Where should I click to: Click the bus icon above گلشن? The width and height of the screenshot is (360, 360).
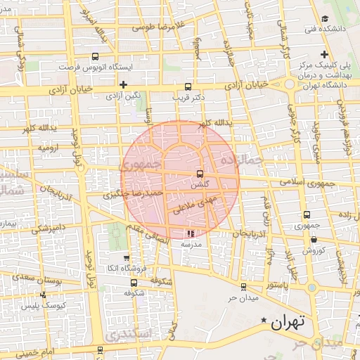pos(200,173)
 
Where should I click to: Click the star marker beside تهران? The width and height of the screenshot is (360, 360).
pos(264,321)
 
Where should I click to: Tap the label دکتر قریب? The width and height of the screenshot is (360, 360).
pos(188,97)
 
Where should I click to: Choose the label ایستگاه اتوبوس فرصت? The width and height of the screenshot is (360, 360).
pos(96,68)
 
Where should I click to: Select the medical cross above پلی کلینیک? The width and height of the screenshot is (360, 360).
pos(324,54)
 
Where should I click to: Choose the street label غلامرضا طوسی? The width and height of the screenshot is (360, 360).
pos(158,29)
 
